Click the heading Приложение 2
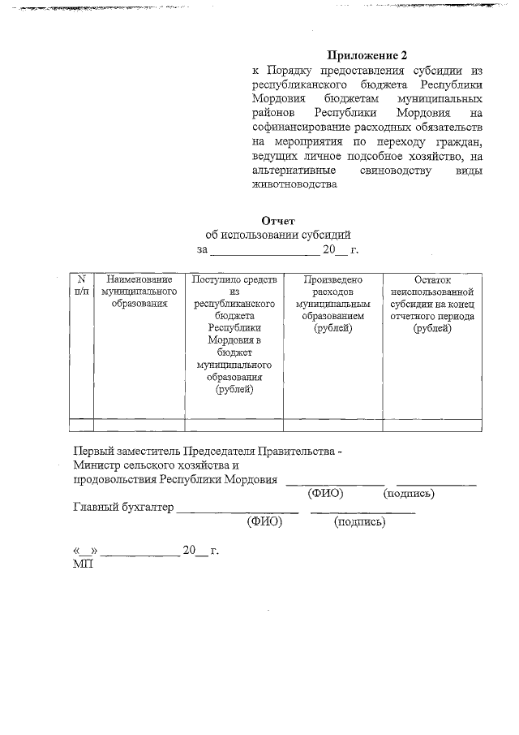pos(366,56)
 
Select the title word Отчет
pos(278,220)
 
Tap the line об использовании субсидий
pos(278,235)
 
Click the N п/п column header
pos(81,285)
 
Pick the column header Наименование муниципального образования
pos(139,292)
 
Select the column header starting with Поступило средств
pos(234,334)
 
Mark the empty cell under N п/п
pos(81,423)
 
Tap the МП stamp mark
pos(83,564)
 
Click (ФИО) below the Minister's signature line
pos(325,493)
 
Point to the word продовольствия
pos(114,479)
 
